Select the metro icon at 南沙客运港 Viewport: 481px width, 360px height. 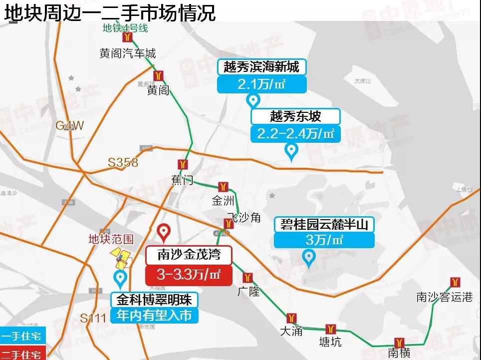455,282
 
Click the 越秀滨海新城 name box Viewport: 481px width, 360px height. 261,67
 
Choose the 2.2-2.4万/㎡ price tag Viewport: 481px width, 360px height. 296,134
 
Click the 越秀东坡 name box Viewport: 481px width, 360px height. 296,117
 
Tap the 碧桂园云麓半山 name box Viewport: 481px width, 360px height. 324,225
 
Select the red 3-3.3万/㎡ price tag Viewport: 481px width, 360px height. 189,275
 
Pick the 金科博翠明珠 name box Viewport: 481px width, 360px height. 154,300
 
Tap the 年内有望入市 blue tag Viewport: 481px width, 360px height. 154,316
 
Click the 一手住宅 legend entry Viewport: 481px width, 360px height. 22,336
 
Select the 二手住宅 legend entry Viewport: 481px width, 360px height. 22,354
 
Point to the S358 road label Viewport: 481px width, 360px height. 123,162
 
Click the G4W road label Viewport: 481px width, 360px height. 70,125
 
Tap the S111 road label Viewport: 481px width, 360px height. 93,318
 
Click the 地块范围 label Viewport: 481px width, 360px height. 111,239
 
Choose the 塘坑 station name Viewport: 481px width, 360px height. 330,342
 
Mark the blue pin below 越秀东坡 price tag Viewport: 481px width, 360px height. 291,150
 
